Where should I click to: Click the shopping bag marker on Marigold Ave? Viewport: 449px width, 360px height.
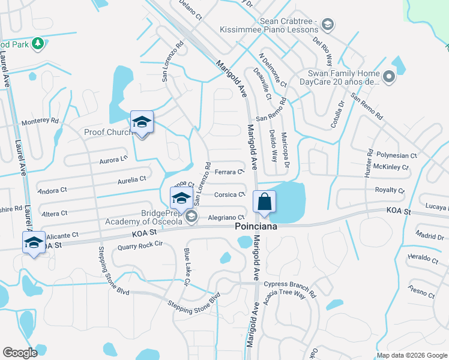pyautogui.click(x=264, y=202)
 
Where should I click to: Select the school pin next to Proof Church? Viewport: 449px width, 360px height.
pyautogui.click(x=142, y=122)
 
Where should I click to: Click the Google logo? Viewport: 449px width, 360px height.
pyautogui.click(x=20, y=353)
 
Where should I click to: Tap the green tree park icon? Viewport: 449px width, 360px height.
pyautogui.click(x=38, y=43)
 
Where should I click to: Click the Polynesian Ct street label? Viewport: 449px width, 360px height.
pyautogui.click(x=396, y=155)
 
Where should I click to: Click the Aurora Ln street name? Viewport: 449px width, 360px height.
pyautogui.click(x=114, y=159)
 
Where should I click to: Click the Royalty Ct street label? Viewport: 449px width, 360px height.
pyautogui.click(x=390, y=190)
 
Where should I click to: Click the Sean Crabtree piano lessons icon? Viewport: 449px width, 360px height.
pyautogui.click(x=328, y=25)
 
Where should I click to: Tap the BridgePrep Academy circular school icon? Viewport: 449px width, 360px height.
pyautogui.click(x=191, y=217)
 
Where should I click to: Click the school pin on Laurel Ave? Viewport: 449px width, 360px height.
pyautogui.click(x=34, y=243)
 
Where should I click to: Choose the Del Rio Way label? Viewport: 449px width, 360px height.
pyautogui.click(x=323, y=50)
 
